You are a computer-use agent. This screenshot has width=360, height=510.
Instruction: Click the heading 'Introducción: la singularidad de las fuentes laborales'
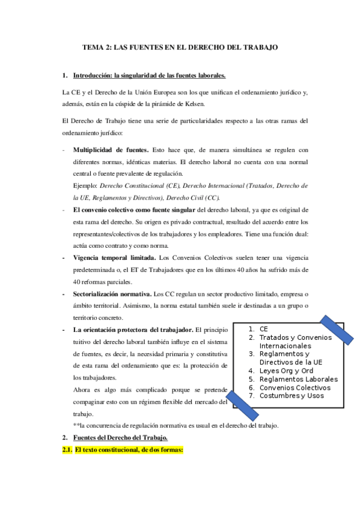[x=149, y=76]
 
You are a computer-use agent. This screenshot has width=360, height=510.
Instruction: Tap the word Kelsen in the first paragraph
[x=201, y=103]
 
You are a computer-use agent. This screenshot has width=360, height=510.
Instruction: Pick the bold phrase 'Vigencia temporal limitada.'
[x=111, y=259]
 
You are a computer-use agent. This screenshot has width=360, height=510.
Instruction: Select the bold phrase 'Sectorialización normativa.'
[x=112, y=295]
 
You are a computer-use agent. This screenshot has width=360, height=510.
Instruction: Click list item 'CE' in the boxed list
[x=264, y=329]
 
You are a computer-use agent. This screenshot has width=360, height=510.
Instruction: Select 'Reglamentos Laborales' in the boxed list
[x=298, y=379]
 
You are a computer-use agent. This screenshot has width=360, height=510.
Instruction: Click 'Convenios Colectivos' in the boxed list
[x=295, y=388]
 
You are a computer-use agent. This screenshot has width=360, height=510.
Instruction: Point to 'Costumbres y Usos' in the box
[x=291, y=396]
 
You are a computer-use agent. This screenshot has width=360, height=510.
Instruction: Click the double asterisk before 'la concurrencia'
[x=75, y=426]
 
